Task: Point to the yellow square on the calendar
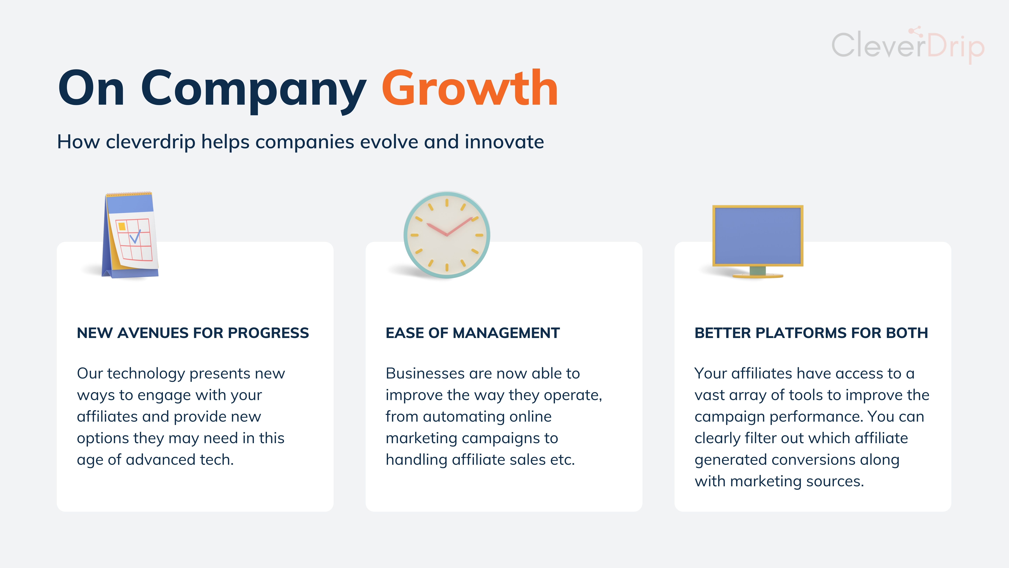(x=122, y=226)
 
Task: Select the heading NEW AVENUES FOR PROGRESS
(x=193, y=333)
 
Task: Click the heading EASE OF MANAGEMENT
(x=472, y=333)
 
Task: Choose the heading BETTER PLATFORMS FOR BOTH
(x=811, y=333)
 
